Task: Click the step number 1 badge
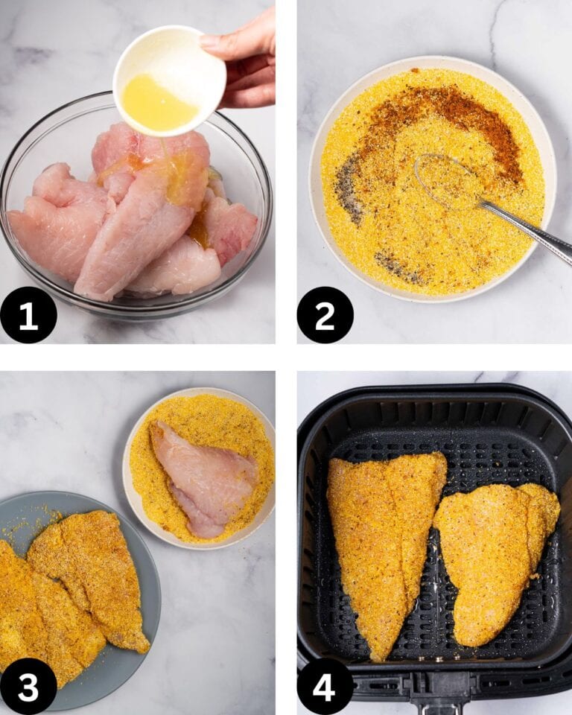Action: [x=28, y=315]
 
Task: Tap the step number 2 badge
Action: [x=325, y=315]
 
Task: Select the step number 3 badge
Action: [x=28, y=686]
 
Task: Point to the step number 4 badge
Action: [x=325, y=686]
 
